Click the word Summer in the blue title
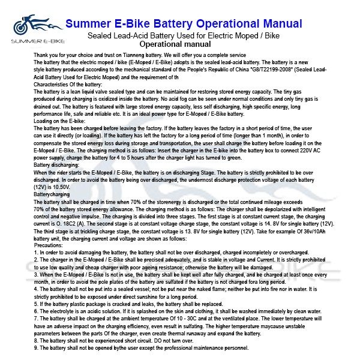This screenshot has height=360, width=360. tap(88, 24)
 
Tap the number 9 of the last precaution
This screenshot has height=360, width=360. tap(36, 349)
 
